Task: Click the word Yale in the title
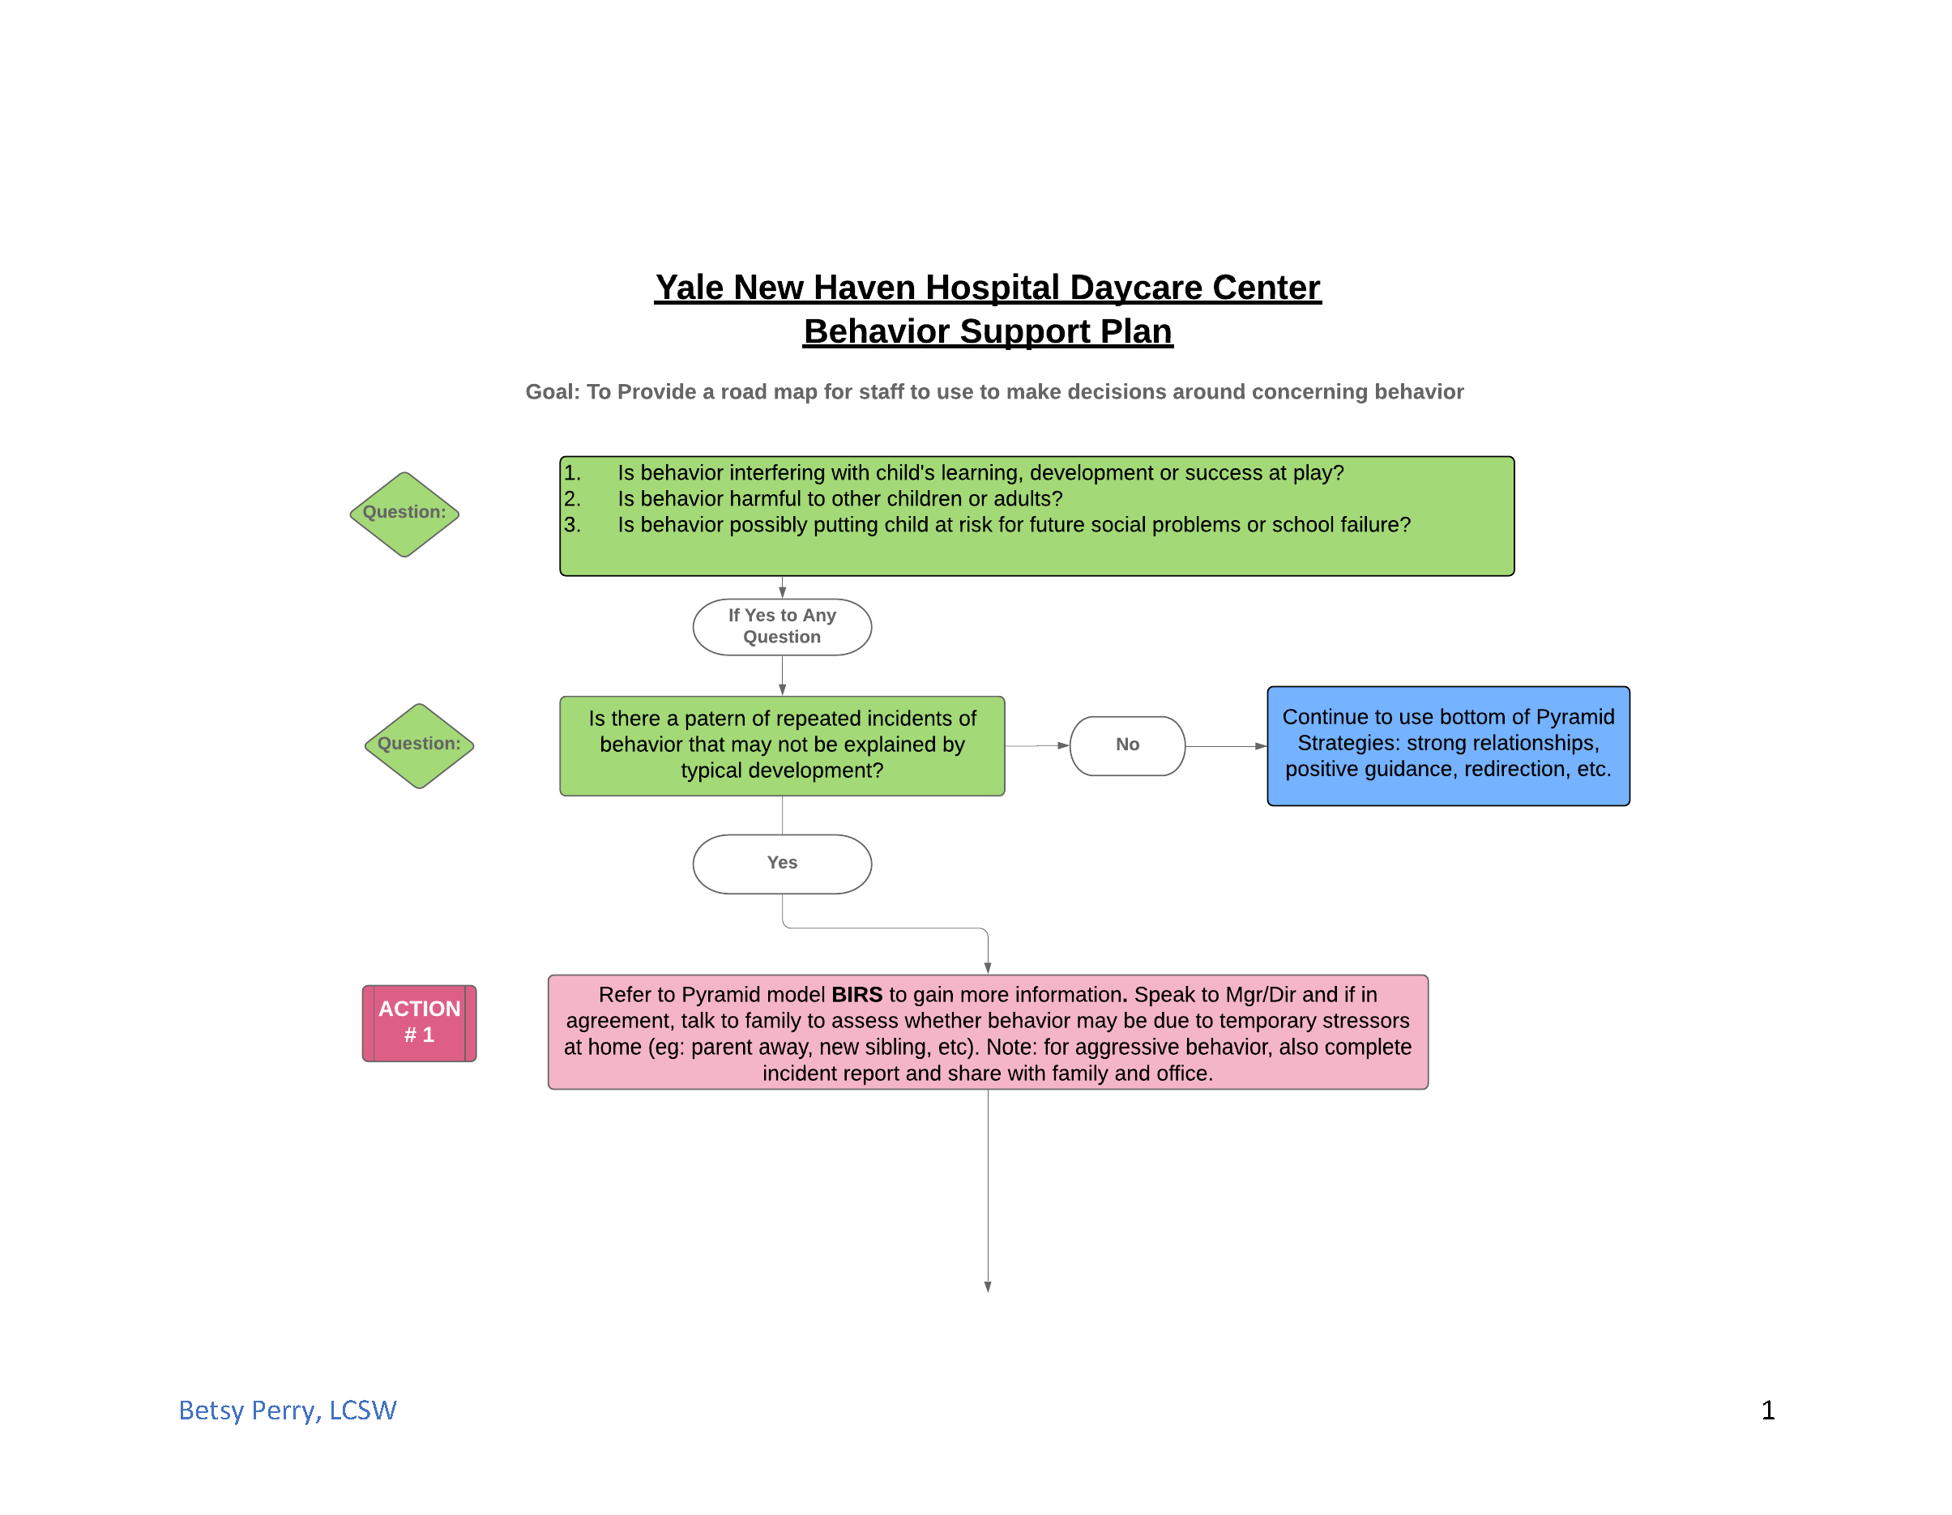[688, 288]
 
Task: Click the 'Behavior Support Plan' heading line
[987, 331]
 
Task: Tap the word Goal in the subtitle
[552, 391]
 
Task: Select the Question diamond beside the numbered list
[404, 514]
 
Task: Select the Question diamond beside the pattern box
[419, 745]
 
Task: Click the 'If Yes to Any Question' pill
[781, 626]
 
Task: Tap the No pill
[1126, 745]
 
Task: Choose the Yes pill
[781, 864]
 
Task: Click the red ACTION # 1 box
[419, 1022]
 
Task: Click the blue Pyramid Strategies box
[1447, 745]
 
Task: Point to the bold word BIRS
[856, 995]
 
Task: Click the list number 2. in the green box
[572, 499]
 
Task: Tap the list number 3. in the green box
[572, 525]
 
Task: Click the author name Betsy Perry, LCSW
[287, 1410]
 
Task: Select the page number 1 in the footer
[1767, 1410]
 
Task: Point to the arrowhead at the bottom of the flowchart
[988, 1287]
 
